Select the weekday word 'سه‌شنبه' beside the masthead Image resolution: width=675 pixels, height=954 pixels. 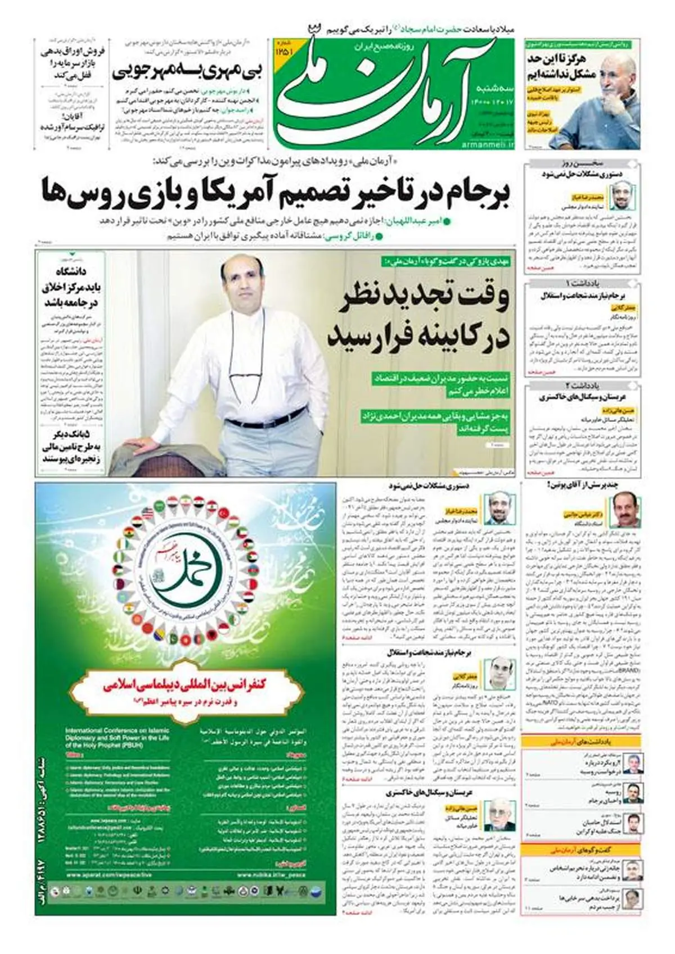point(494,89)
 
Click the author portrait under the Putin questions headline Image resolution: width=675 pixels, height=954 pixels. point(625,511)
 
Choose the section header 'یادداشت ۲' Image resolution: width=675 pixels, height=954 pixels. point(583,386)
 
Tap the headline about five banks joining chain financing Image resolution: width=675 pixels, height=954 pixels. point(70,447)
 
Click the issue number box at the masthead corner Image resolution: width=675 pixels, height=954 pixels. point(284,49)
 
